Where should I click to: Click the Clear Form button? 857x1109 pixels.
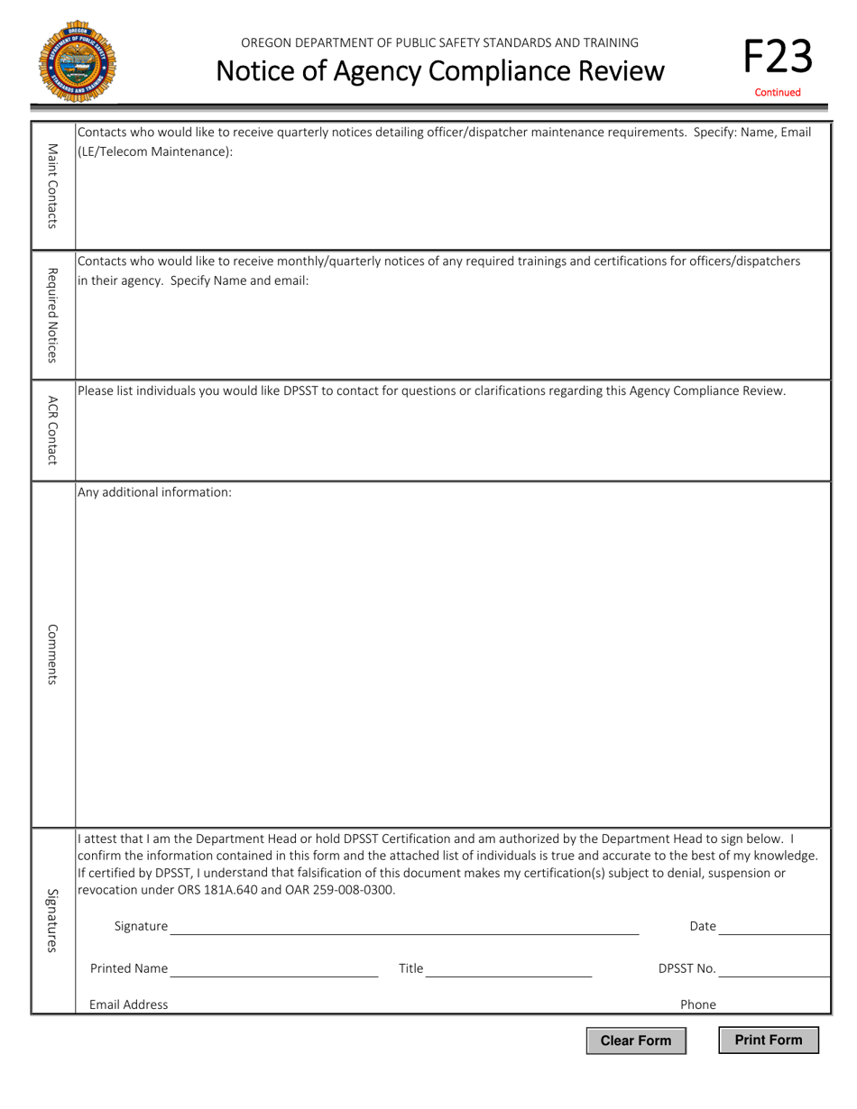point(636,1040)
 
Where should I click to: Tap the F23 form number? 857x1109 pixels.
point(778,56)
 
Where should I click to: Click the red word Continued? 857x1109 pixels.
point(778,92)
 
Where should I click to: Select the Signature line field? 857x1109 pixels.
point(404,927)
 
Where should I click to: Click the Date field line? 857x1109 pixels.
point(774,927)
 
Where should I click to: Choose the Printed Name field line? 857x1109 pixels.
point(273,969)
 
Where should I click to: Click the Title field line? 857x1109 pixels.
point(509,969)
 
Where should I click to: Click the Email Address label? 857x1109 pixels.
point(128,1004)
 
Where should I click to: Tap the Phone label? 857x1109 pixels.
point(698,1004)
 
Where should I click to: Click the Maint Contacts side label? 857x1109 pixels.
point(53,186)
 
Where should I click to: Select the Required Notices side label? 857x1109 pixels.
point(53,315)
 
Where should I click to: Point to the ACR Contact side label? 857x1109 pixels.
point(53,429)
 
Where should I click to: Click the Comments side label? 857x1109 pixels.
point(53,654)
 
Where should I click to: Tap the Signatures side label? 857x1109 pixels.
point(53,920)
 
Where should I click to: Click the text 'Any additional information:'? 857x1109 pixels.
point(154,492)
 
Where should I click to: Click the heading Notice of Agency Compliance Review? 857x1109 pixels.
point(441,69)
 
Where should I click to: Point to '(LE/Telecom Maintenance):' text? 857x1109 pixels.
point(155,151)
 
